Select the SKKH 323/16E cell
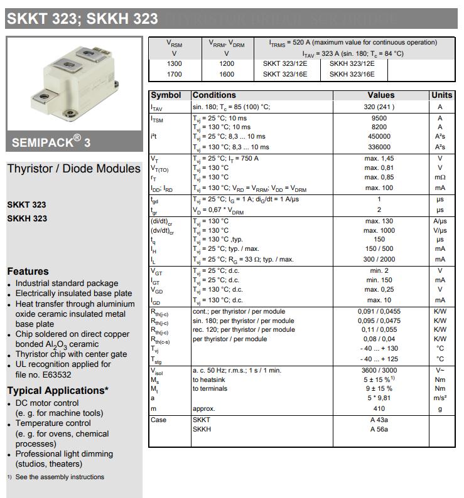pyautogui.click(x=352, y=74)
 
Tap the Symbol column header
pyautogui.click(x=166, y=95)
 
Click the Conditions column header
pyautogui.click(x=214, y=95)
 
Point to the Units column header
pyautogui.click(x=441, y=95)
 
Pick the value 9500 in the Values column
pyautogui.click(x=379, y=118)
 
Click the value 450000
pyautogui.click(x=379, y=136)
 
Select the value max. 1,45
pyautogui.click(x=379, y=159)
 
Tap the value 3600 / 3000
pyautogui.click(x=379, y=370)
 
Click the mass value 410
pyautogui.click(x=379, y=408)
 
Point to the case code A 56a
pyautogui.click(x=379, y=429)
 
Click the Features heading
pyautogui.click(x=28, y=272)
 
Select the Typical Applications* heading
pyautogui.click(x=58, y=391)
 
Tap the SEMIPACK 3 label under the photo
pyautogui.click(x=51, y=142)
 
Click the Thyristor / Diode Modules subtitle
pyautogui.click(x=74, y=169)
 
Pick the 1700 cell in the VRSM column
pyautogui.click(x=175, y=74)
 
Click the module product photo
pyautogui.click(x=74, y=83)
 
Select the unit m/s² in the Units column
pyautogui.click(x=440, y=398)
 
